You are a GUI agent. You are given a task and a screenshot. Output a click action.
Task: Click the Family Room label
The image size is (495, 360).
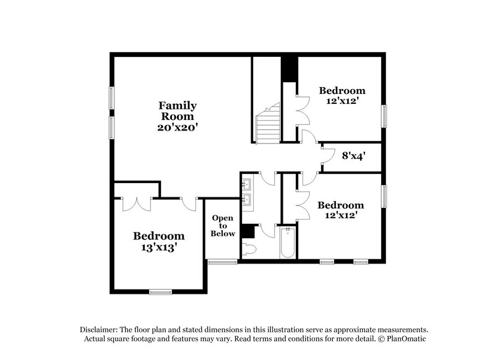tap(178, 111)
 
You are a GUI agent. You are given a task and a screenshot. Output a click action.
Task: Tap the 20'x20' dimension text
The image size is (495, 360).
tap(178, 127)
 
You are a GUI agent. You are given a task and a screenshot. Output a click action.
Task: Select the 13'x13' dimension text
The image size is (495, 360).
tap(158, 247)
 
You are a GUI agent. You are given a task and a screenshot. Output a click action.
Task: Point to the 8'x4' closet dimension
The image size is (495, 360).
tap(353, 155)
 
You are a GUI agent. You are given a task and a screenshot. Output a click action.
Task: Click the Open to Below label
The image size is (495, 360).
tap(223, 226)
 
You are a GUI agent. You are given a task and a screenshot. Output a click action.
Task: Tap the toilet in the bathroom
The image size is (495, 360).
tap(249, 249)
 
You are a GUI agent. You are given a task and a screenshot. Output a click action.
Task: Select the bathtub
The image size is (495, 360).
tap(288, 242)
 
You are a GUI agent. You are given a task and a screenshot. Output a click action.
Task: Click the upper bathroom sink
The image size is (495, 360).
tap(246, 184)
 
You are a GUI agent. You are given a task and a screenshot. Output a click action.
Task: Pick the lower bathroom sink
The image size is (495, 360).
tap(246, 199)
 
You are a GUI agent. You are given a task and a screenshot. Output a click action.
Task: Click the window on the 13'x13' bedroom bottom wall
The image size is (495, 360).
tap(160, 292)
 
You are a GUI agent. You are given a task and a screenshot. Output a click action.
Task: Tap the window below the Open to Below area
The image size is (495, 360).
tap(222, 262)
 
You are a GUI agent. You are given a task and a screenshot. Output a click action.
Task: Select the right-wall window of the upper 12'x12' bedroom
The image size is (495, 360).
tap(384, 116)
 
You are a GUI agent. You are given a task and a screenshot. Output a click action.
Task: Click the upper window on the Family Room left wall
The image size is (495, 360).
tap(111, 98)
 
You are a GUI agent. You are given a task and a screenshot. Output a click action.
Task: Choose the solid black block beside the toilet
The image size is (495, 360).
tap(248, 231)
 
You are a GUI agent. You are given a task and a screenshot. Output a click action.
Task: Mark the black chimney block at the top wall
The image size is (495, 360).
tap(290, 70)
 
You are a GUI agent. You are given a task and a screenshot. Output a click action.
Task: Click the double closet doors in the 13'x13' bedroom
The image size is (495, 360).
tap(137, 205)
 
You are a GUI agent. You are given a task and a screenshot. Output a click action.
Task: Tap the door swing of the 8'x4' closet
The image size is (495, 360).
tap(329, 155)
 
